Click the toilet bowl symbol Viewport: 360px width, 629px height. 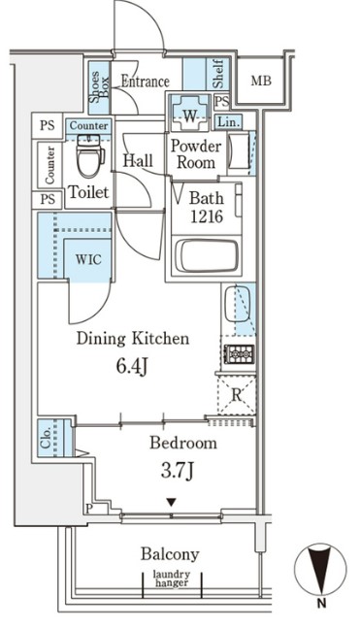90,156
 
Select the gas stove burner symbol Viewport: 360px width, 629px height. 239,353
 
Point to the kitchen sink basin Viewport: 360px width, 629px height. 237,304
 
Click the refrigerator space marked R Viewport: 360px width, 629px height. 237,395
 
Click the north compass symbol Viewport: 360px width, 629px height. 320,569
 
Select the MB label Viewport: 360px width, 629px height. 261,81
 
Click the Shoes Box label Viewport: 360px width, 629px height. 99,87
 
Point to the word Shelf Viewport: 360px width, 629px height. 217,74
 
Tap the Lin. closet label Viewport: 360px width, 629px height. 229,122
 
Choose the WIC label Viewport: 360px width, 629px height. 88,259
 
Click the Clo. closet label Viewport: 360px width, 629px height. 46,438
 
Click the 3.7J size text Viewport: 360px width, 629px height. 178,471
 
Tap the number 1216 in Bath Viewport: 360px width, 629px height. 207,216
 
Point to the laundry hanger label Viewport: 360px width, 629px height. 171,579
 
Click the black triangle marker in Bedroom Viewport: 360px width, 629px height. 172,502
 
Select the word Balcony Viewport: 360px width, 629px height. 170,554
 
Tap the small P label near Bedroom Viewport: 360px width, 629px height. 88,509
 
